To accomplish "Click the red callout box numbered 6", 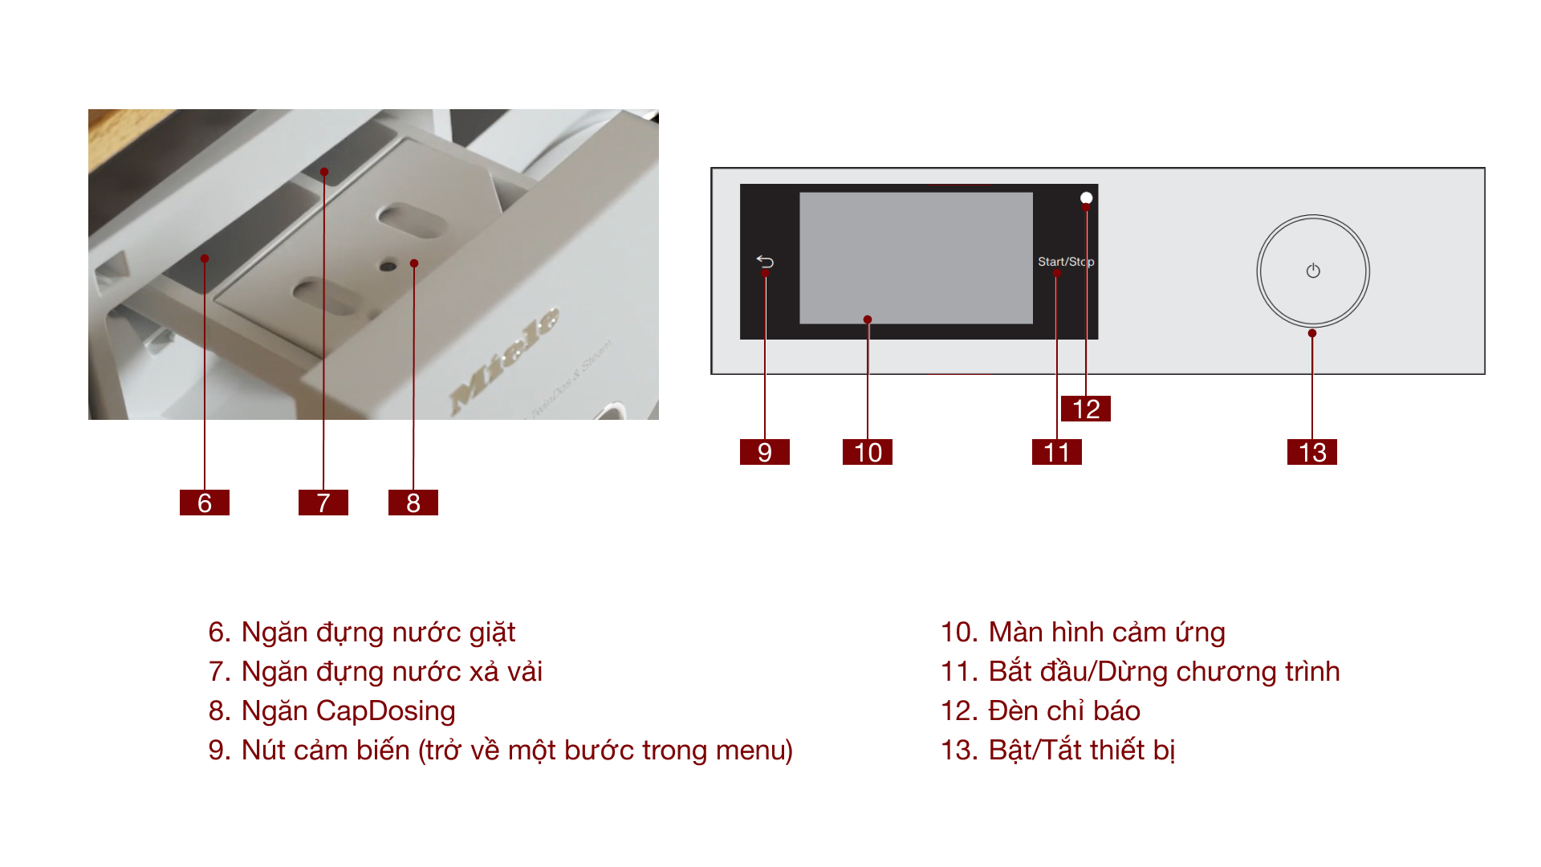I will click(205, 503).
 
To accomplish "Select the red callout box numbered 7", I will click(323, 503).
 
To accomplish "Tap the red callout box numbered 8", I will click(413, 503).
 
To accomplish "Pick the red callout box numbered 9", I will click(765, 452).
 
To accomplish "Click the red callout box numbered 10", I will click(868, 452).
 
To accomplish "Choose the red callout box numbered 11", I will click(1057, 452).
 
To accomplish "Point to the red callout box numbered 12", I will click(1086, 409).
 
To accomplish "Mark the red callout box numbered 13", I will click(1312, 452).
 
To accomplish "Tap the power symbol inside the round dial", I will click(1313, 271).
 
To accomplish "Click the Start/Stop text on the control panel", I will click(1065, 262).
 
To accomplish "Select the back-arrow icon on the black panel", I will click(765, 262).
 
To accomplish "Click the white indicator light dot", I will click(1086, 197).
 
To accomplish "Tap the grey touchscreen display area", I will click(916, 257).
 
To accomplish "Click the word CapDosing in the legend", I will click(385, 711).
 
